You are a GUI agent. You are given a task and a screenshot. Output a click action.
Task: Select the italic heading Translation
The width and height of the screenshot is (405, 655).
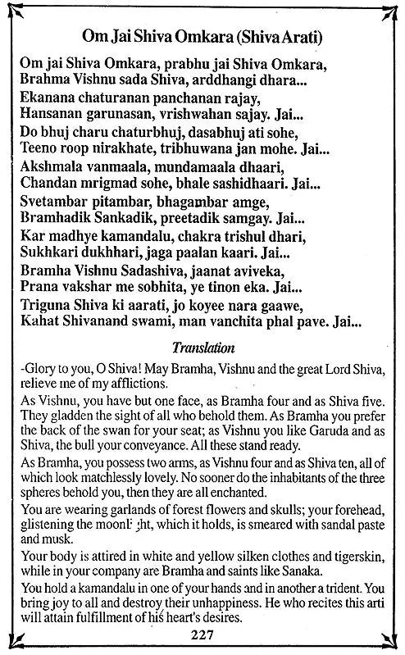[202, 347]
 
